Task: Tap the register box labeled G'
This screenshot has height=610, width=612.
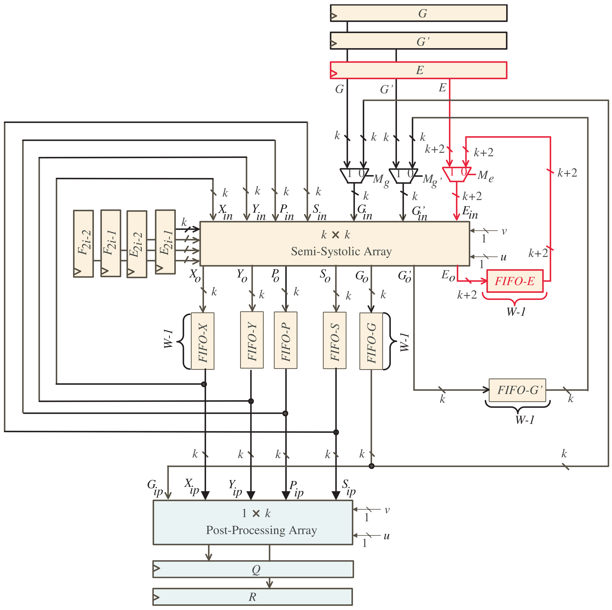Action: pos(418,41)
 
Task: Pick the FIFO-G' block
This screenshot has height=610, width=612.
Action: pos(517,390)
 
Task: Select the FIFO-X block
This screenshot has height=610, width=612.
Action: pos(202,341)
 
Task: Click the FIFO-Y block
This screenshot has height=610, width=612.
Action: pos(252,340)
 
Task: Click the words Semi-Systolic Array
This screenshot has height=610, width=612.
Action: pos(341,251)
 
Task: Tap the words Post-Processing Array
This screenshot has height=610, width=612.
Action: pos(261,530)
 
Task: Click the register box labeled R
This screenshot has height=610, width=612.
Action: pos(253,597)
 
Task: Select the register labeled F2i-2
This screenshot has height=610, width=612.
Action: pos(83,243)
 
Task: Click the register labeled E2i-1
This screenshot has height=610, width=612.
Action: pos(165,242)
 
